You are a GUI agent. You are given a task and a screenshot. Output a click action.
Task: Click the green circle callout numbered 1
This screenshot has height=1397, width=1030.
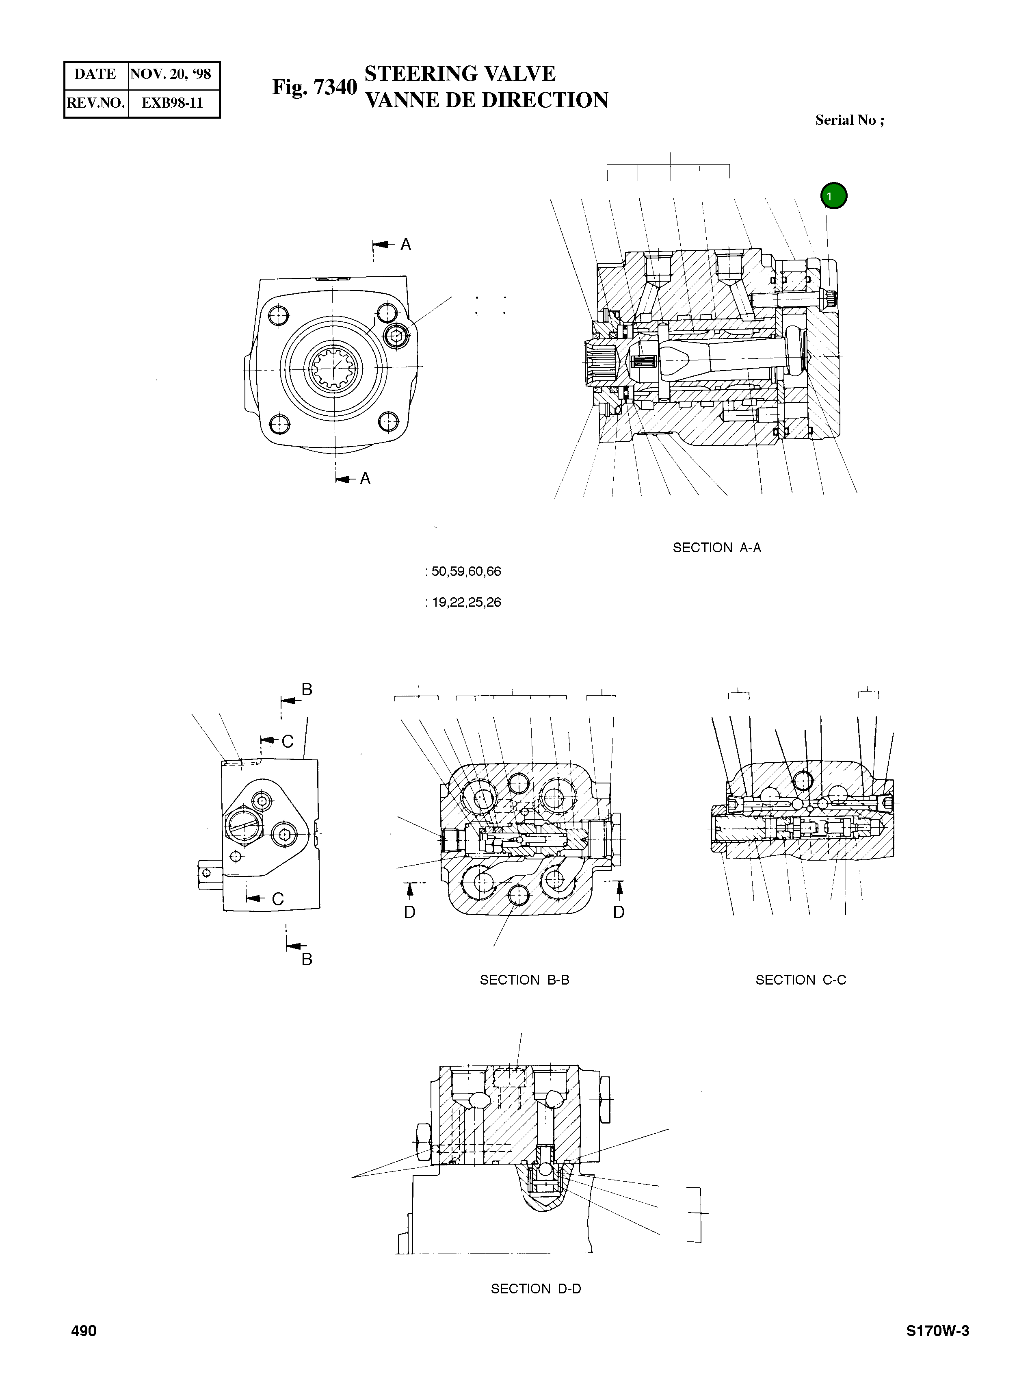tap(833, 196)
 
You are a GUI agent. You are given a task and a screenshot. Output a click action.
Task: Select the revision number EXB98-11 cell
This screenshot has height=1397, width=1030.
tap(172, 103)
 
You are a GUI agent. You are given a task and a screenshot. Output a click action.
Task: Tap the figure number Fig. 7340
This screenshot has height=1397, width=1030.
tap(314, 87)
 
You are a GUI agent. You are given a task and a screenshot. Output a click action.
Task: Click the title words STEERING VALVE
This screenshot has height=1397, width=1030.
tap(459, 74)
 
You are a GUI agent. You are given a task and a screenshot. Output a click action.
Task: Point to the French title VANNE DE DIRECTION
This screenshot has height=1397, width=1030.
tap(486, 100)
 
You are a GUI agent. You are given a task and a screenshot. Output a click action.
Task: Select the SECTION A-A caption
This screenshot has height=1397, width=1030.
tap(716, 548)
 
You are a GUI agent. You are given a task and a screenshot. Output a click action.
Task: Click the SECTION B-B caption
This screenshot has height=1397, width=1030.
tap(524, 980)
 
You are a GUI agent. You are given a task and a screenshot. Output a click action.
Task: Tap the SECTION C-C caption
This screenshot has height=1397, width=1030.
tap(801, 980)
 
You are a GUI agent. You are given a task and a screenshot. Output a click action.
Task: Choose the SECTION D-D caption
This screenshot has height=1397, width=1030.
tap(536, 1289)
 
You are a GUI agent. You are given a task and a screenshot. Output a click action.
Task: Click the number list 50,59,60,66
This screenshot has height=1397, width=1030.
tap(466, 571)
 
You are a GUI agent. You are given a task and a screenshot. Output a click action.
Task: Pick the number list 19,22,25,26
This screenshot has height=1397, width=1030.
tap(466, 603)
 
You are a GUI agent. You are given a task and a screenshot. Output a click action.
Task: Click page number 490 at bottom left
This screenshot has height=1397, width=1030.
tap(84, 1331)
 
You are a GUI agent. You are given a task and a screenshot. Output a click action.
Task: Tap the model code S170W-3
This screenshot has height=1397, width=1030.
tap(938, 1331)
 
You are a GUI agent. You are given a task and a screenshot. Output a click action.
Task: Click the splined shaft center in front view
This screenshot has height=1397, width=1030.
tap(334, 367)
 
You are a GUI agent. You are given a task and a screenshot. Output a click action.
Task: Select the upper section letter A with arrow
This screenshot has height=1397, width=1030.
tap(405, 245)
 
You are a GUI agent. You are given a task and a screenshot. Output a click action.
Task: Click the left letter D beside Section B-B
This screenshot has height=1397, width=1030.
tap(410, 912)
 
